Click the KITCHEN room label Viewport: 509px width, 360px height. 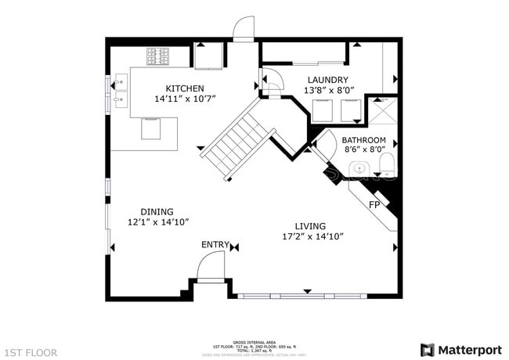point(185,88)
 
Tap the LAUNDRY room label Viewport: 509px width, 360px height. point(327,80)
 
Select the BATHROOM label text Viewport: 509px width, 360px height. point(363,139)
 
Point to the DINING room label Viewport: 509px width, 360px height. point(157,211)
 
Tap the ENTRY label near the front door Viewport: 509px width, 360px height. point(215,245)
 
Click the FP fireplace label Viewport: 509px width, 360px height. point(374,204)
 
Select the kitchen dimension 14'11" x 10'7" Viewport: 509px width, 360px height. point(185,99)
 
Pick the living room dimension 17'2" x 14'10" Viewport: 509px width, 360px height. point(312,236)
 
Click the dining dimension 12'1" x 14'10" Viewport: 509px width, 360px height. point(157,222)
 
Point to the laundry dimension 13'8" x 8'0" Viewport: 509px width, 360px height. point(327,91)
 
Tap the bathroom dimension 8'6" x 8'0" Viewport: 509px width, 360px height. point(363,149)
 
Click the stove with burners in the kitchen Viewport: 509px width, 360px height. point(157,56)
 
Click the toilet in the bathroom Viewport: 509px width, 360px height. point(386,164)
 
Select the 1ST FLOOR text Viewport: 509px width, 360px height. point(31,353)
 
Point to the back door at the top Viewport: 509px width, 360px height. point(244,30)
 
